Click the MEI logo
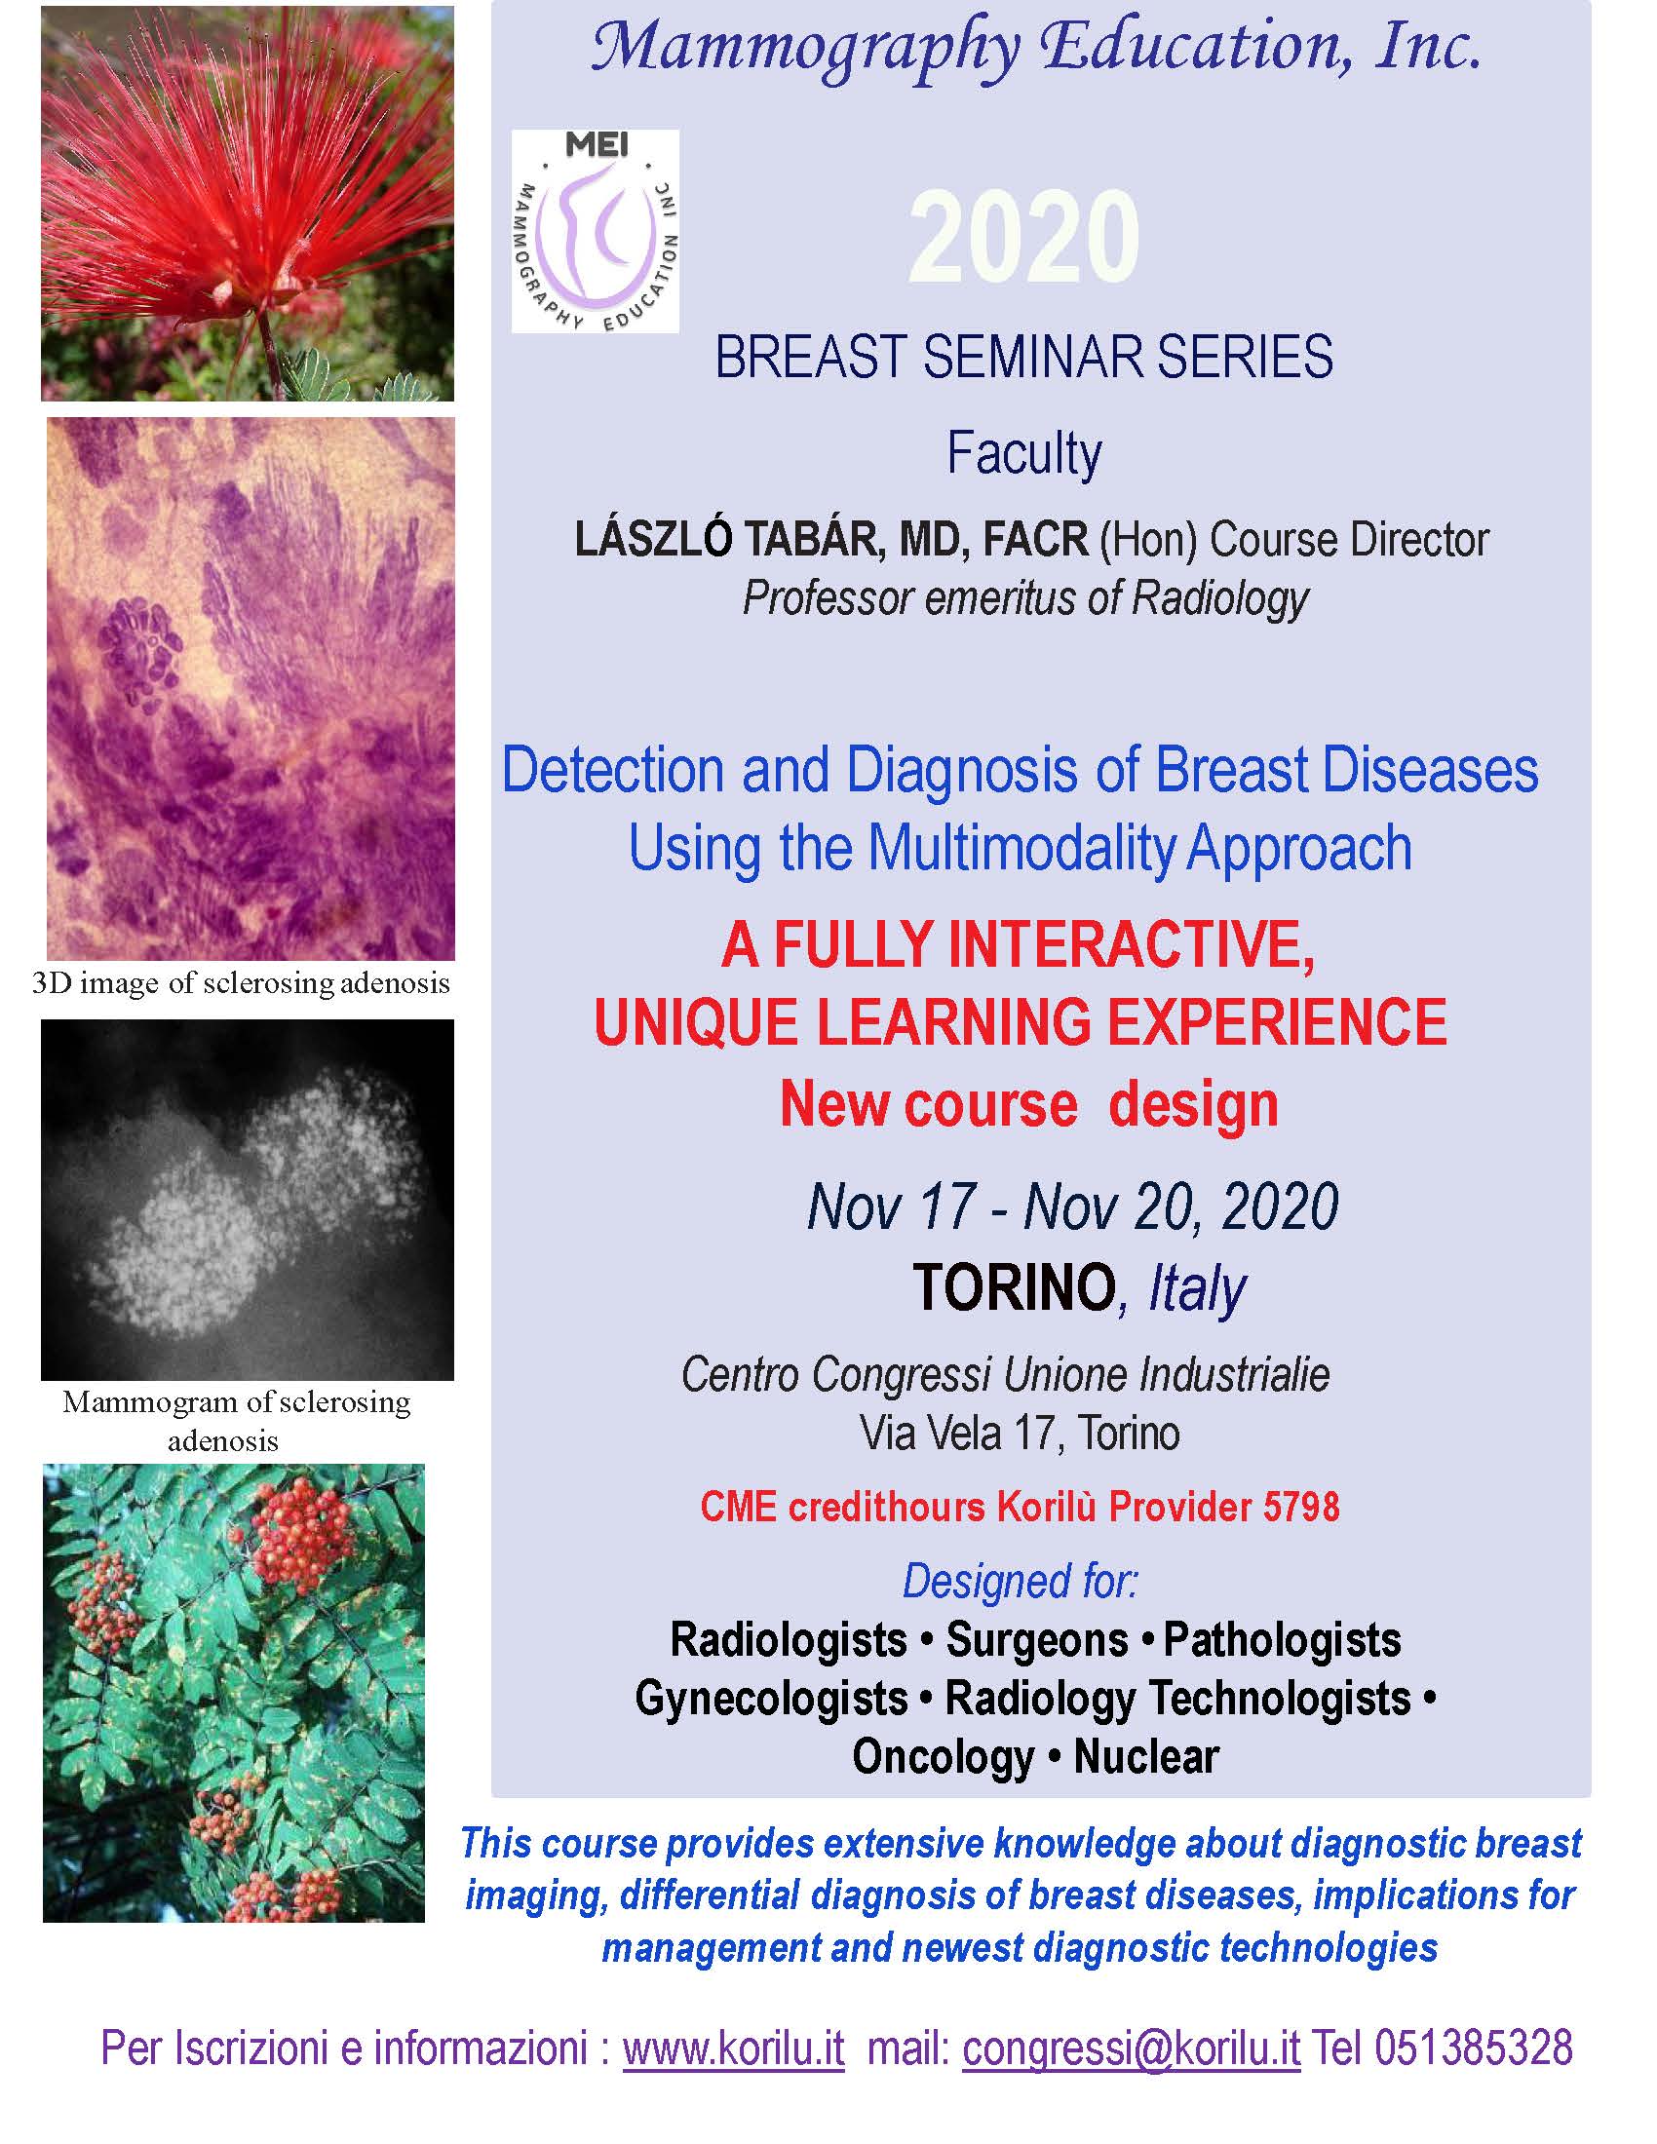595,231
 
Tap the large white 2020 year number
1023,239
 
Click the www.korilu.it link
733,2047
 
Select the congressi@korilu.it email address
1131,2047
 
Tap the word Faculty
1023,454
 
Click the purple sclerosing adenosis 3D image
251,688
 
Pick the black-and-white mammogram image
248,1200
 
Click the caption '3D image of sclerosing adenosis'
242,982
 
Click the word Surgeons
1037,1639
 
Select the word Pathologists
1282,1639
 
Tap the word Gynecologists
772,1699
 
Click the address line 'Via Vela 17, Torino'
1020,1433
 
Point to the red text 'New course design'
1028,1104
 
